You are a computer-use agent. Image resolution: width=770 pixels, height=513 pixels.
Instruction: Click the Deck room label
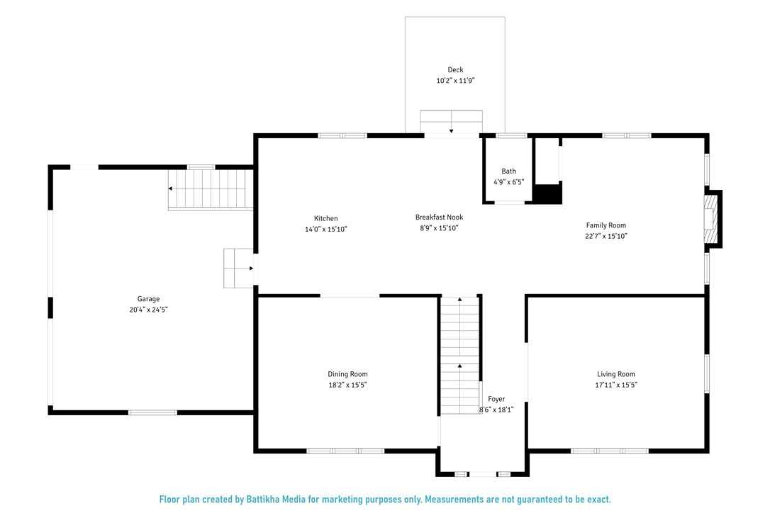pyautogui.click(x=455, y=69)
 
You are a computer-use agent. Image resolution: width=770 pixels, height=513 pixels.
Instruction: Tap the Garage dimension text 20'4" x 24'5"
pyautogui.click(x=149, y=310)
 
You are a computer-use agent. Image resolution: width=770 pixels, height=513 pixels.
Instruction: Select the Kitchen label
pyautogui.click(x=326, y=218)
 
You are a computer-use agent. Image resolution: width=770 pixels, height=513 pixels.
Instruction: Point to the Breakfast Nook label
pyautogui.click(x=439, y=217)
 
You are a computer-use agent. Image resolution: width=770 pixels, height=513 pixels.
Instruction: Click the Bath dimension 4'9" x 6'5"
pyautogui.click(x=509, y=182)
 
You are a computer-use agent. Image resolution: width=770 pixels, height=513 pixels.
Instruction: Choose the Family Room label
pyautogui.click(x=606, y=225)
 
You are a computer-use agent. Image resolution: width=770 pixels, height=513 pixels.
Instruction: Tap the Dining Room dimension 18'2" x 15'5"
pyautogui.click(x=347, y=385)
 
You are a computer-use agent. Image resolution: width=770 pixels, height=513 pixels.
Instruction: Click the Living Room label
pyautogui.click(x=616, y=374)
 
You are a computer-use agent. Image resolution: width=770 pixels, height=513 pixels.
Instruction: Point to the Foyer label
pyautogui.click(x=496, y=399)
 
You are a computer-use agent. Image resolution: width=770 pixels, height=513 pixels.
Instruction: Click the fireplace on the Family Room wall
pyautogui.click(x=713, y=218)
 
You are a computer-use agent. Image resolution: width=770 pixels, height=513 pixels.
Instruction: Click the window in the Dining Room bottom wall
pyautogui.click(x=346, y=451)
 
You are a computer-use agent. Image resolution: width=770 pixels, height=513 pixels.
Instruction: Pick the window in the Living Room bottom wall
pyautogui.click(x=610, y=451)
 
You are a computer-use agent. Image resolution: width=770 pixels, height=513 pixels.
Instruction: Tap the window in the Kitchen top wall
pyautogui.click(x=342, y=135)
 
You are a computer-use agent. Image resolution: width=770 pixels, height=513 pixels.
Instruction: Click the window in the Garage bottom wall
pyautogui.click(x=152, y=412)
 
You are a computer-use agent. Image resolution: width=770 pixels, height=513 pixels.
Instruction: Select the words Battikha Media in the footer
pyautogui.click(x=276, y=500)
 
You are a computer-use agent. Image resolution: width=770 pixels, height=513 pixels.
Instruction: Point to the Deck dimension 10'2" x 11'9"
pyautogui.click(x=455, y=81)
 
